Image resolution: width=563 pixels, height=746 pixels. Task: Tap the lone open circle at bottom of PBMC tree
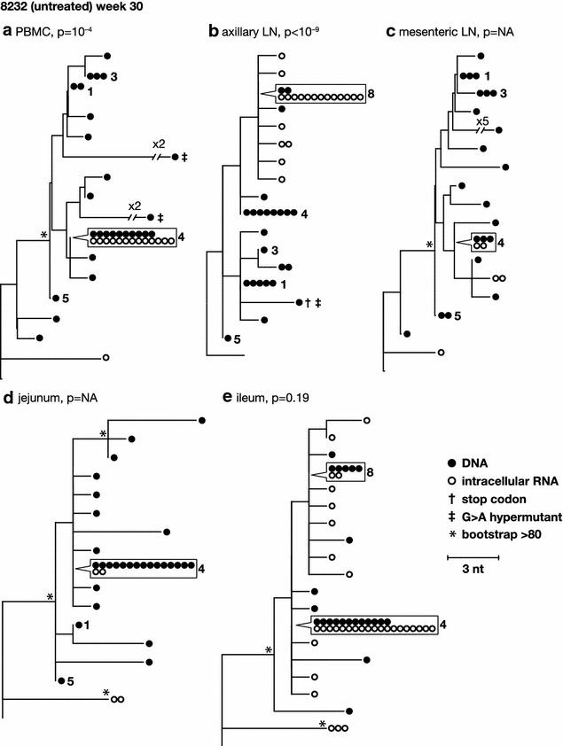click(x=106, y=358)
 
